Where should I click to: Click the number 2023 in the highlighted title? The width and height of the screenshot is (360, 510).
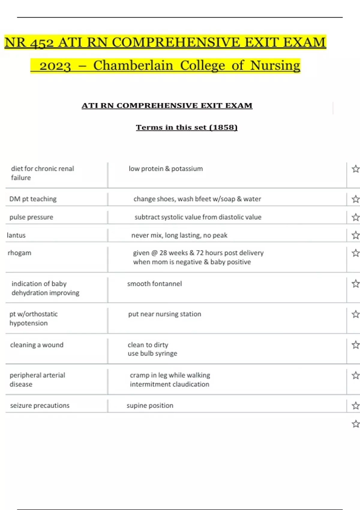(55, 66)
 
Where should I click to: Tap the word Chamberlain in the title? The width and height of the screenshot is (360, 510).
(133, 66)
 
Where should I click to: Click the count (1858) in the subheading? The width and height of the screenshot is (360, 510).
(223, 127)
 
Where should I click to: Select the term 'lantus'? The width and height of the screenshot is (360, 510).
(16, 235)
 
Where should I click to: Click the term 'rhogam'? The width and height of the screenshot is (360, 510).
(19, 253)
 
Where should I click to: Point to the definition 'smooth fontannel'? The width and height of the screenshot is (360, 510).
(154, 284)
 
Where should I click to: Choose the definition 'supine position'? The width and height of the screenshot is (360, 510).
(150, 406)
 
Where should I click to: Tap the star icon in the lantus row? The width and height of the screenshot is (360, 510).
(355, 235)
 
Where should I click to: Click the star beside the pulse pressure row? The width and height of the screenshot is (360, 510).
(355, 217)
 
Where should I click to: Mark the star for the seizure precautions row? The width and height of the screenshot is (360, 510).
(355, 406)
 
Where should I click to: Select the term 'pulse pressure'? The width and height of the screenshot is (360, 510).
(31, 217)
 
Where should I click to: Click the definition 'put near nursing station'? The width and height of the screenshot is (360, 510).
(164, 314)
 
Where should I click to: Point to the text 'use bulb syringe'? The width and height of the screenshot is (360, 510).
(152, 353)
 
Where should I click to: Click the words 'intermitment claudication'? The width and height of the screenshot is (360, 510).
(169, 384)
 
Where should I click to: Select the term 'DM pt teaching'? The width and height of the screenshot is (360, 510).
(33, 199)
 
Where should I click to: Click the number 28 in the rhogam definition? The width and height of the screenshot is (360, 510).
(163, 253)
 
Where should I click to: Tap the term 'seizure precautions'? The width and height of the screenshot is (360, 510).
(40, 406)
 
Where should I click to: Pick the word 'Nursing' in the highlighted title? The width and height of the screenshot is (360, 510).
(275, 66)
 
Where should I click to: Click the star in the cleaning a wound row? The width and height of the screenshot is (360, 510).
(355, 345)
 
